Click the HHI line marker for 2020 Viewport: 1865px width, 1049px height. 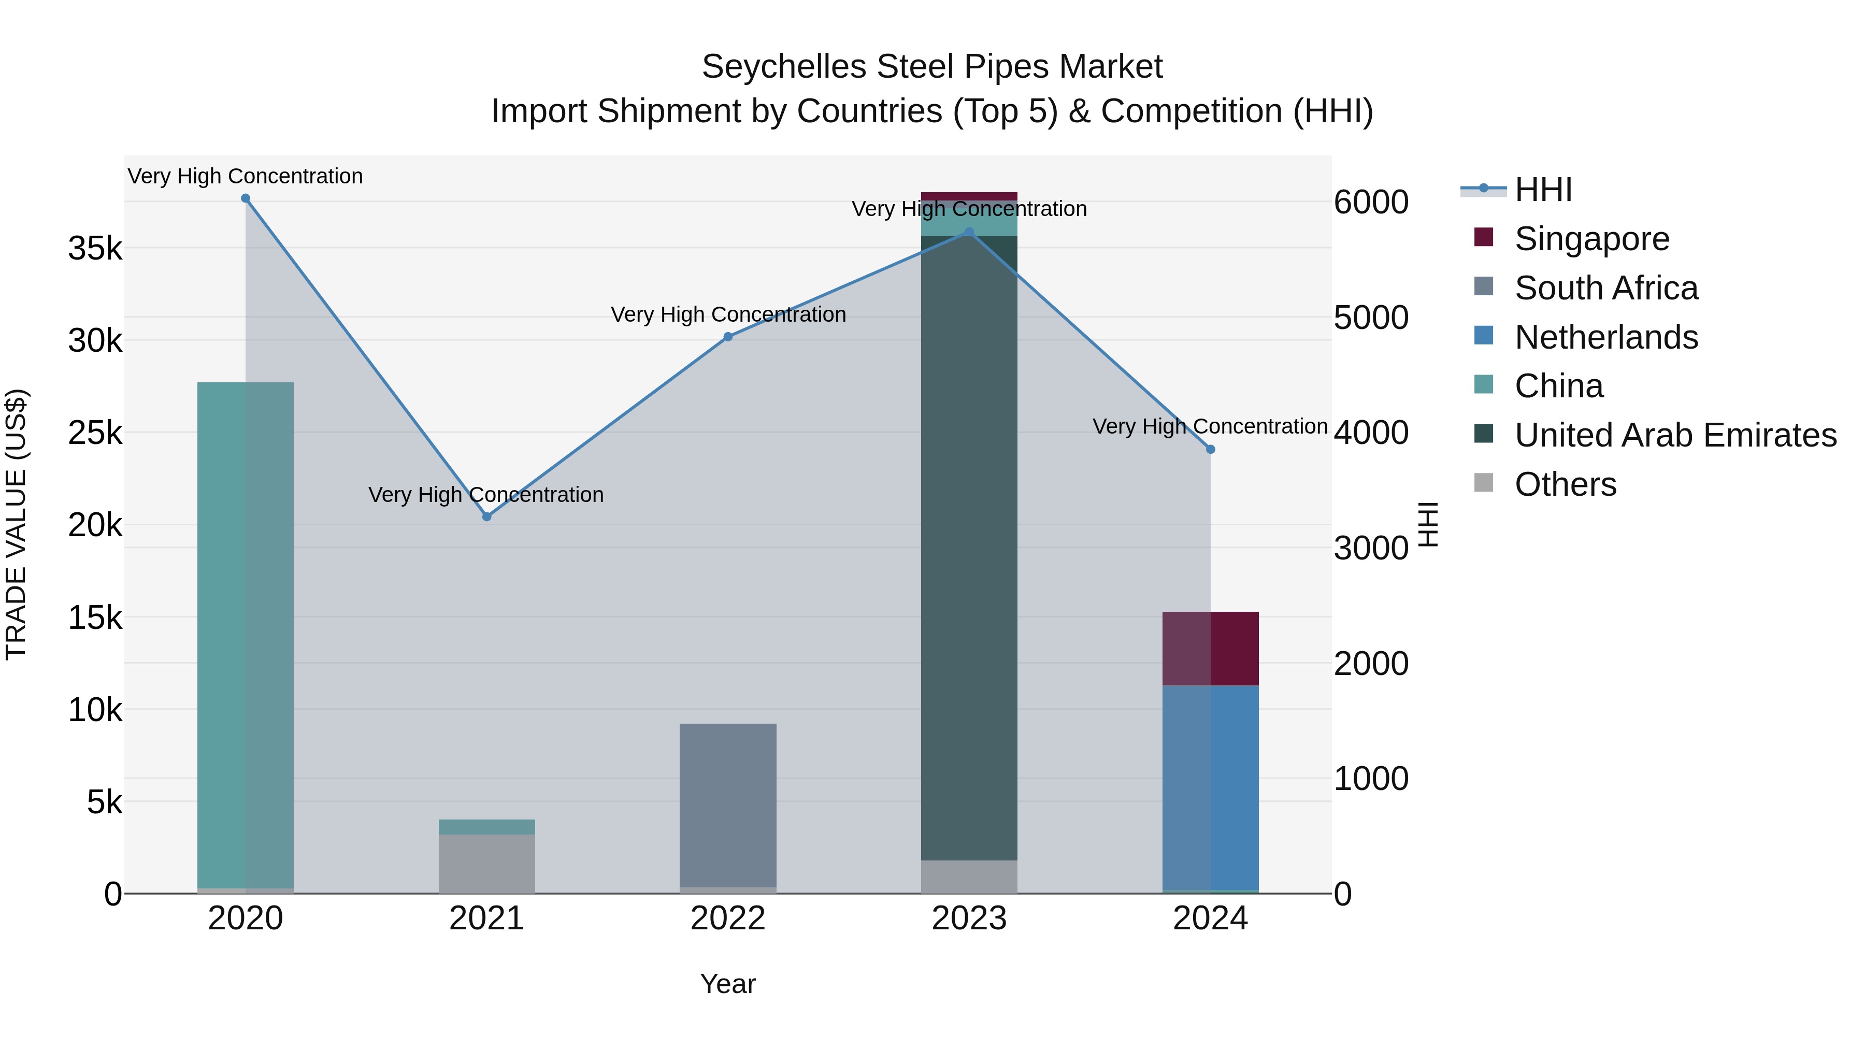coord(246,198)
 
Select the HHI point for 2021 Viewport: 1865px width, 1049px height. coord(486,517)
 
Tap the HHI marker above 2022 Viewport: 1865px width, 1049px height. coord(728,337)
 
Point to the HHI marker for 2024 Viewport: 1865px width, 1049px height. coord(1211,450)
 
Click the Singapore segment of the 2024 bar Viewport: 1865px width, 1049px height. coord(1211,649)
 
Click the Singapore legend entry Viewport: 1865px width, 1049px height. coord(1591,239)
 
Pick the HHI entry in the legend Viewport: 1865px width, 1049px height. coord(1543,190)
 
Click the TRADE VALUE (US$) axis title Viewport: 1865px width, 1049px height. coord(17,524)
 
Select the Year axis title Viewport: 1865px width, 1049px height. coord(728,984)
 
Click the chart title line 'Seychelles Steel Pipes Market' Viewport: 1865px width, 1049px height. coord(932,67)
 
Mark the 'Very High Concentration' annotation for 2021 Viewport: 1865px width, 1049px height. coord(486,495)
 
